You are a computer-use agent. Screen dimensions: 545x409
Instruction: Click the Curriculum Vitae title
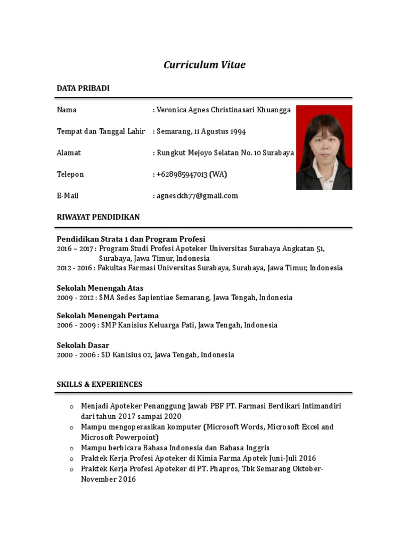point(204,65)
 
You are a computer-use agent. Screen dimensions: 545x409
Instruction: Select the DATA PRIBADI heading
point(83,88)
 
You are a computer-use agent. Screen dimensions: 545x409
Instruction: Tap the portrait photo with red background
point(324,147)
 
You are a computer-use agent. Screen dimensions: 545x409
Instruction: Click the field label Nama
point(67,110)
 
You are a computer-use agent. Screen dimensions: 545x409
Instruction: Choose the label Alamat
point(69,153)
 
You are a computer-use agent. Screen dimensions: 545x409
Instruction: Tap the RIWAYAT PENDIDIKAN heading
point(98,217)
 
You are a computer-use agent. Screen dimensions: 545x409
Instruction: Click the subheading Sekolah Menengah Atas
point(100,288)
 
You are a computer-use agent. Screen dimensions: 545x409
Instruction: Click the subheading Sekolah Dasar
point(83,345)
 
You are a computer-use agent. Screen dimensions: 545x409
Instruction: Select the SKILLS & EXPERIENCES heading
point(100,384)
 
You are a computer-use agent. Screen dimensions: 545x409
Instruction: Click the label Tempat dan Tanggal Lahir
point(101,131)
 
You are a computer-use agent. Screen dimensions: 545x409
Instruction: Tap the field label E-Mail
point(68,196)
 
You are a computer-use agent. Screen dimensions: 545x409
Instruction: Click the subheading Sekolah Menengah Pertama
point(108,316)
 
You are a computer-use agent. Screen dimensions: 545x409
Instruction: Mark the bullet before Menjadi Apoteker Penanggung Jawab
point(71,407)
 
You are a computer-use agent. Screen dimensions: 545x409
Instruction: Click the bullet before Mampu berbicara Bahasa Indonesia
point(71,448)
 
